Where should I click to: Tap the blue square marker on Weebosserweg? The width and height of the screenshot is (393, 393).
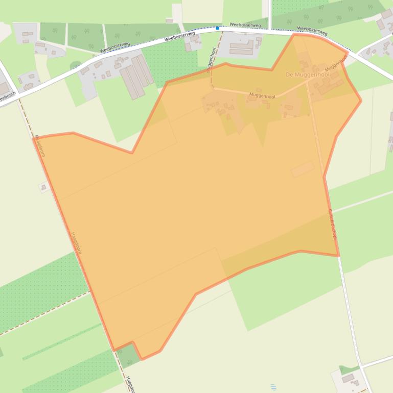coord(217,28)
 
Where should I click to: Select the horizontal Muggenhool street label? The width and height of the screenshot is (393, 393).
coord(262,96)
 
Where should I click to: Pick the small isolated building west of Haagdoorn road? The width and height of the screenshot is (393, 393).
coord(43,187)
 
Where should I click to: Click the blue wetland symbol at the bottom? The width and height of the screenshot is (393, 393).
coord(272,387)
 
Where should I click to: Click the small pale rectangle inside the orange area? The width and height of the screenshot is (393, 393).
coord(303,169)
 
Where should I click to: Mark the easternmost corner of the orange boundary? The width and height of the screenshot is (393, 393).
coord(361,101)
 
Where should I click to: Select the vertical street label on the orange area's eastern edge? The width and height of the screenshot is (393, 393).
coord(333,225)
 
